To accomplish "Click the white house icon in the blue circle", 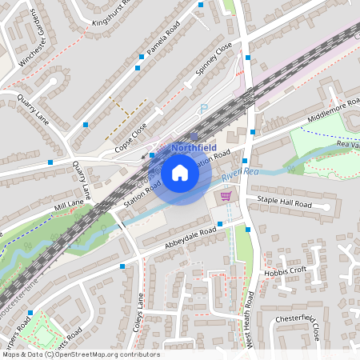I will (180, 173).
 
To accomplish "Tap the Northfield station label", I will (194, 147).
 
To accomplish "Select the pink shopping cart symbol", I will (226, 195).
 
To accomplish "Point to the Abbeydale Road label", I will (188, 237).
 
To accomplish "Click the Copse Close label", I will (131, 138).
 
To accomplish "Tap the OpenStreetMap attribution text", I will (80, 354).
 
